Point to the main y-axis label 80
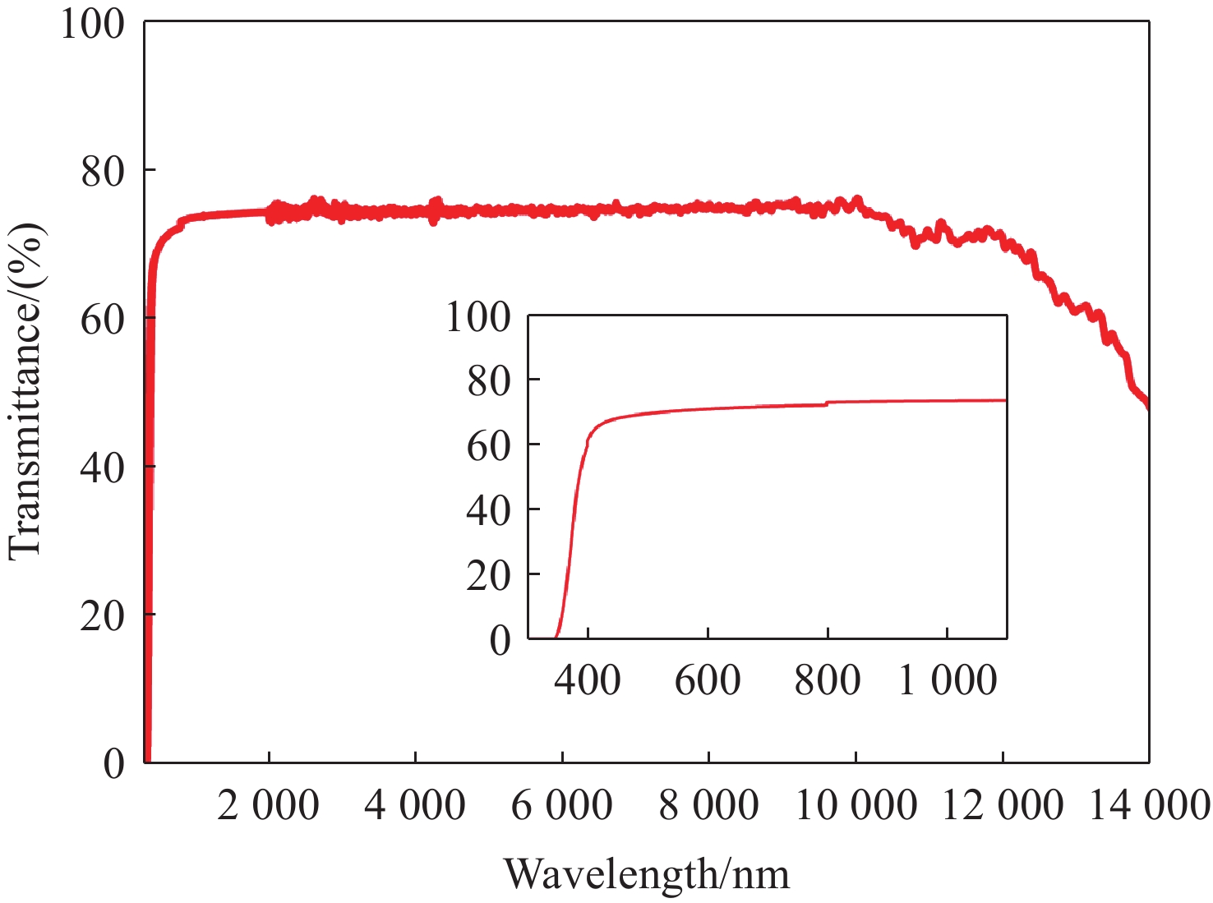(x=104, y=171)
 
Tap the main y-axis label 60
(x=104, y=319)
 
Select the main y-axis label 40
(x=104, y=467)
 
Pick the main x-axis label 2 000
(x=269, y=806)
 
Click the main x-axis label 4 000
(x=415, y=806)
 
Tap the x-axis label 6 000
(x=561, y=806)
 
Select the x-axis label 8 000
(x=708, y=806)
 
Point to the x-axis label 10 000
(x=856, y=806)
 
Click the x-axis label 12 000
(x=1003, y=806)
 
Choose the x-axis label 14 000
(x=1150, y=806)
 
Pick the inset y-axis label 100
(x=478, y=316)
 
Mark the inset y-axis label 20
(x=488, y=575)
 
